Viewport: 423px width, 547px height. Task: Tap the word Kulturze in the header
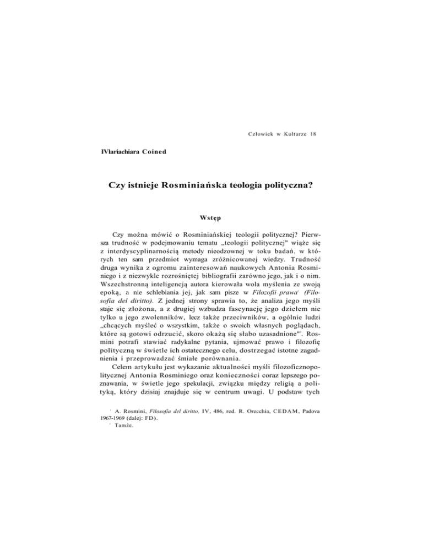coord(292,134)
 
